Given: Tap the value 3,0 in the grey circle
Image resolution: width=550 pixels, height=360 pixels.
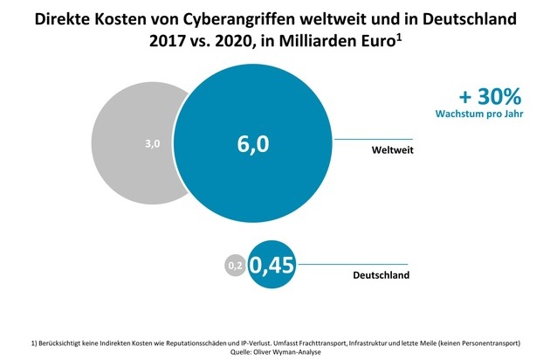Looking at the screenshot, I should (151, 144).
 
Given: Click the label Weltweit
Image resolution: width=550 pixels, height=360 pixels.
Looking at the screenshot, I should (390, 151).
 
